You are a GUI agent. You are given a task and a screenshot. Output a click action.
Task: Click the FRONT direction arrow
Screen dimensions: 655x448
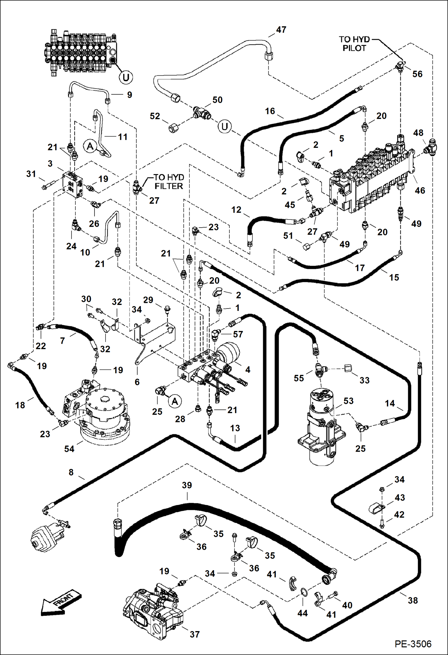(61, 602)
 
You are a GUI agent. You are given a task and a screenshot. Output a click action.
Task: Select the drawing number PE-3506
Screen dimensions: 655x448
(413, 644)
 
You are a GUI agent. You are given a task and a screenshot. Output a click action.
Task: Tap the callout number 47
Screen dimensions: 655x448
(281, 30)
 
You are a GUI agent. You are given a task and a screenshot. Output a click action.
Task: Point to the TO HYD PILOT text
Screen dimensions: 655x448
(354, 44)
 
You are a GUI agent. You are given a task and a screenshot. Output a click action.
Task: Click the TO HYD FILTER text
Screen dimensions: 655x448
(168, 182)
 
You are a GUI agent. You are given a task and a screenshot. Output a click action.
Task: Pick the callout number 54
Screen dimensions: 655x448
(69, 449)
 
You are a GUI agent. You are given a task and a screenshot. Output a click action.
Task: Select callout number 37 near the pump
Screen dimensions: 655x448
(195, 634)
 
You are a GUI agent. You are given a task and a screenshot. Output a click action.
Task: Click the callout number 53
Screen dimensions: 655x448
(348, 401)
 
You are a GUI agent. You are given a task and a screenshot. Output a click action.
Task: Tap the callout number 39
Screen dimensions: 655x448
(187, 485)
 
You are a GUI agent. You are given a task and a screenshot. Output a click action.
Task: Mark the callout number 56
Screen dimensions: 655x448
(417, 74)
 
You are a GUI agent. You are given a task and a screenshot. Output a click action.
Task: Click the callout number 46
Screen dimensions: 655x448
(420, 190)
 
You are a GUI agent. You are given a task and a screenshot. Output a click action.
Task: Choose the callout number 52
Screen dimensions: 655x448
(155, 116)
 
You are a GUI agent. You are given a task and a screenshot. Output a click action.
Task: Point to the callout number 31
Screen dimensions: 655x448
(31, 174)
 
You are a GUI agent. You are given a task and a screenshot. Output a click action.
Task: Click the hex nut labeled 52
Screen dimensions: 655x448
(173, 129)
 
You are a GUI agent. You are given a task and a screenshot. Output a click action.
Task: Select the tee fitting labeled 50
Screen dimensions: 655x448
(201, 113)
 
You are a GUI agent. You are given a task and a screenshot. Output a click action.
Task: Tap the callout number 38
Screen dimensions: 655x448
(413, 600)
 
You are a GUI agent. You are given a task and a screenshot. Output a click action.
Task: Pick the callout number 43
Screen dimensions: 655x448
(400, 498)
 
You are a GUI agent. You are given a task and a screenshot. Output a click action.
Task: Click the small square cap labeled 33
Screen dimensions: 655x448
(348, 368)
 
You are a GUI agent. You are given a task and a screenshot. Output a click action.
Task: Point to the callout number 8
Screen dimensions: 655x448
(71, 472)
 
